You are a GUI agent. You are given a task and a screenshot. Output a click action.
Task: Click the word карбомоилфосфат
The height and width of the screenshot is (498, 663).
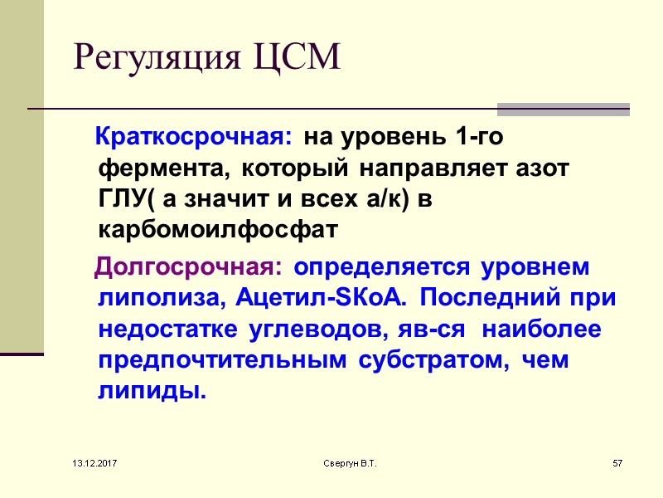click(218, 228)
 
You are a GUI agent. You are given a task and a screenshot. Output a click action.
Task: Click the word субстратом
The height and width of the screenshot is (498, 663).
click(432, 361)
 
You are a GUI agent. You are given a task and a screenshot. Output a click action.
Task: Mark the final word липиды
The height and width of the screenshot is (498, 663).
click(152, 391)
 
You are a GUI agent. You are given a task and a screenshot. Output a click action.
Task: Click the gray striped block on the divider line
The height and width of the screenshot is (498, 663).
click(563, 110)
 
